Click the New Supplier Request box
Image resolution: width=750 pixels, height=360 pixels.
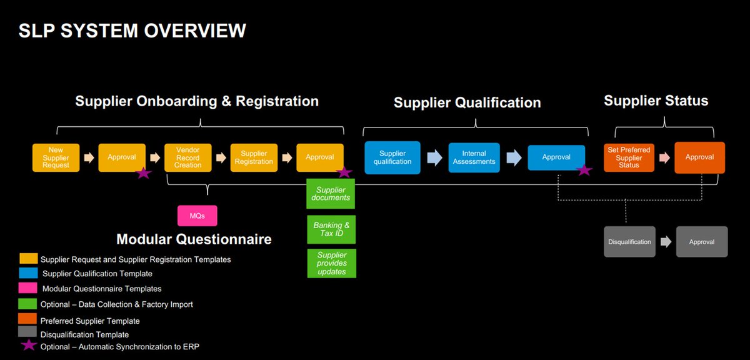click(56, 157)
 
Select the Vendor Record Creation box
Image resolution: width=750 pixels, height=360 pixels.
click(187, 157)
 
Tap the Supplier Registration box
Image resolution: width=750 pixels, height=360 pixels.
click(254, 157)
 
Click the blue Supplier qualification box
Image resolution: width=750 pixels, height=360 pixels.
click(392, 157)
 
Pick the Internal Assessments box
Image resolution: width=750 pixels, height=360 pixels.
click(474, 157)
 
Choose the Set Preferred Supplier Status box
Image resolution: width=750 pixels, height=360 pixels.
click(629, 157)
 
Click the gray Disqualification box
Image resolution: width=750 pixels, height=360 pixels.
click(629, 242)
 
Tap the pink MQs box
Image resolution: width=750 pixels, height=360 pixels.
click(197, 216)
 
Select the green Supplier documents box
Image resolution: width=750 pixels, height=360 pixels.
click(331, 194)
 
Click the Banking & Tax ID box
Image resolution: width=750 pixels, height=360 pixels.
click(331, 229)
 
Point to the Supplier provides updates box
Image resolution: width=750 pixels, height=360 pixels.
click(331, 263)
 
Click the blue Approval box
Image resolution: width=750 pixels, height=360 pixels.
click(556, 157)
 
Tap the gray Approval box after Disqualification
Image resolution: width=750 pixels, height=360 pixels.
click(702, 242)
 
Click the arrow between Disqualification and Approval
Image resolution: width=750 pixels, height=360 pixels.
click(666, 242)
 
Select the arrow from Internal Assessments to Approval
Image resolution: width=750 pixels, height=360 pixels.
click(514, 157)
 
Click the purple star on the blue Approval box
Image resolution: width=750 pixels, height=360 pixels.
click(584, 169)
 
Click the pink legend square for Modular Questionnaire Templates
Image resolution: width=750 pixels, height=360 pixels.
click(28, 288)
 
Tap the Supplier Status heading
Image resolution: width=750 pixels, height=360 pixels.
click(656, 101)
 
